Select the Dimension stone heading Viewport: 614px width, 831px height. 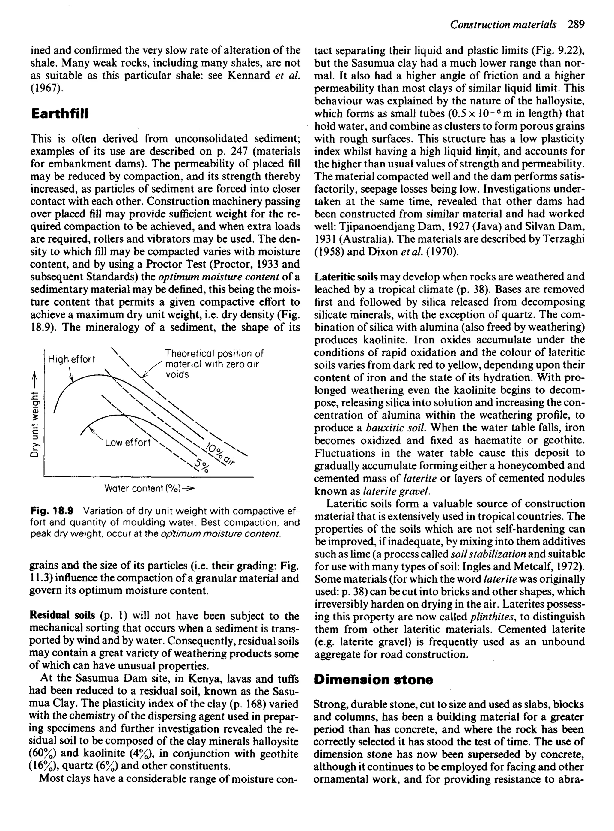click(x=373, y=680)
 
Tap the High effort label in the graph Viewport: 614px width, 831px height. click(x=71, y=359)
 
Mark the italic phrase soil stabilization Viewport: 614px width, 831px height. click(x=487, y=554)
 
